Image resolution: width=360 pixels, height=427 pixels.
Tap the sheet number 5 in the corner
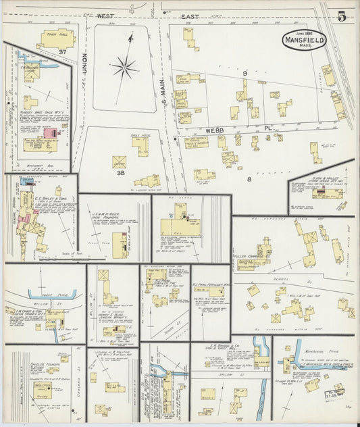342,17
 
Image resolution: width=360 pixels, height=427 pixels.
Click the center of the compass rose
124,67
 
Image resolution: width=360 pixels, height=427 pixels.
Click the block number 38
120,173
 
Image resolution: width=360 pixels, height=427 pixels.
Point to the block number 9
246,72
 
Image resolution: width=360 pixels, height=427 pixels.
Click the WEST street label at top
104,15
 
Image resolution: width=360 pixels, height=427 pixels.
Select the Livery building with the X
120,161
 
